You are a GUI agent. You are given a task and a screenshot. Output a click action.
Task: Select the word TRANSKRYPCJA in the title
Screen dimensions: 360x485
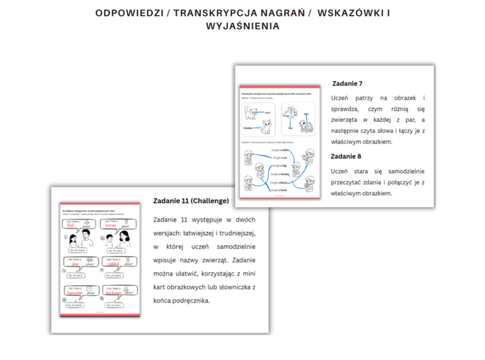coord(210,13)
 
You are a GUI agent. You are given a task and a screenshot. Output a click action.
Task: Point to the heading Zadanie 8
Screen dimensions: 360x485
coord(346,156)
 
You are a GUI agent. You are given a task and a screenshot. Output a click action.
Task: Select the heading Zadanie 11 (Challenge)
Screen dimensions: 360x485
coord(191,201)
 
